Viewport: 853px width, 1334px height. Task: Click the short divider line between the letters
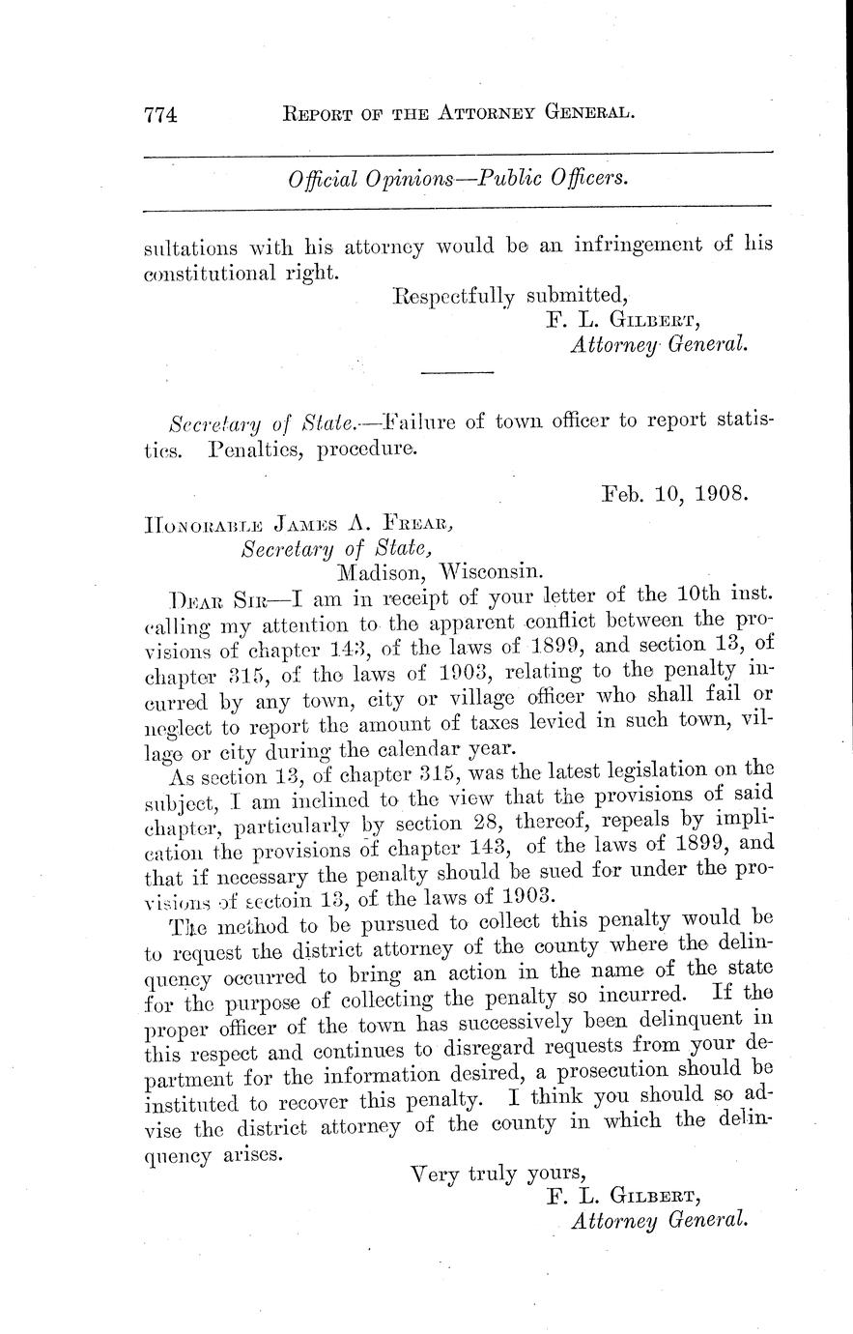458,372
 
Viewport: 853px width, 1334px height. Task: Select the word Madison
378,573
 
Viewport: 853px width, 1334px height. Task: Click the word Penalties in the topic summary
249,449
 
